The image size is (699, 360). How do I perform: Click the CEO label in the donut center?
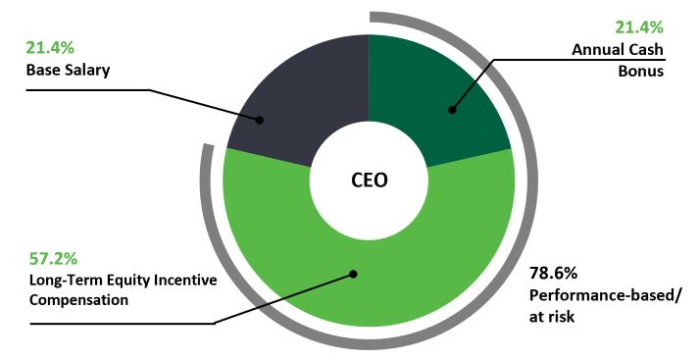[369, 180]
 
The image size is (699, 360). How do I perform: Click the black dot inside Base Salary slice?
[261, 121]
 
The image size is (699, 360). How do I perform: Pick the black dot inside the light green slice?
[353, 275]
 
